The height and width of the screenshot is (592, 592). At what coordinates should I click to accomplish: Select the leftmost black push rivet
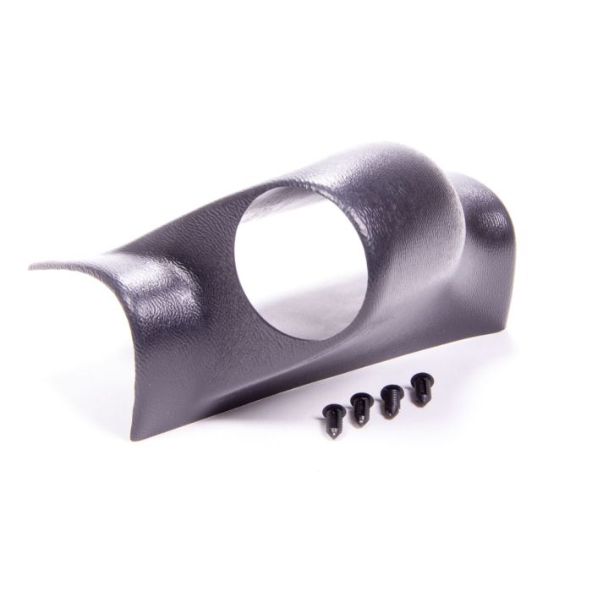point(332,417)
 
